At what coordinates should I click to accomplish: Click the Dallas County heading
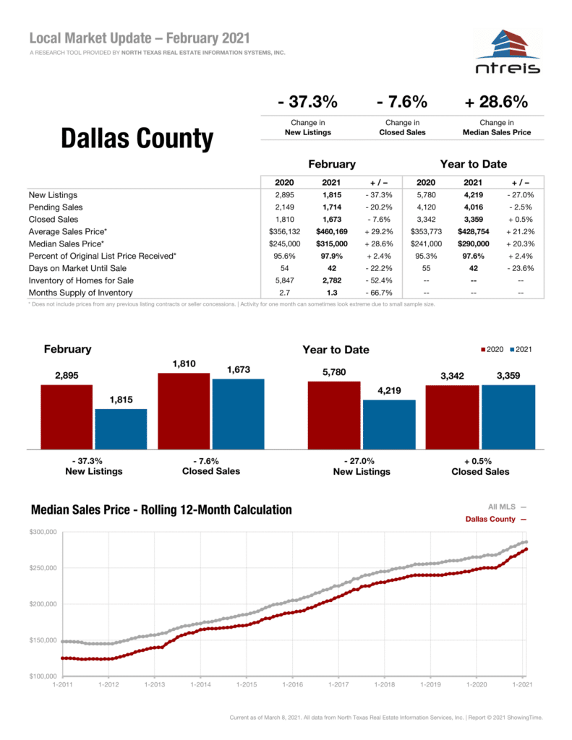pyautogui.click(x=137, y=139)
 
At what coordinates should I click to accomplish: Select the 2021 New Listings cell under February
pyautogui.click(x=332, y=195)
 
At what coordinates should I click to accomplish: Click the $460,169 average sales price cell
pyautogui.click(x=332, y=232)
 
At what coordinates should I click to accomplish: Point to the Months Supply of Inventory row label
pyautogui.click(x=80, y=293)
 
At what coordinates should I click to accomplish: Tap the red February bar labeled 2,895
pyautogui.click(x=67, y=416)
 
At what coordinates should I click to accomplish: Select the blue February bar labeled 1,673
pyautogui.click(x=238, y=413)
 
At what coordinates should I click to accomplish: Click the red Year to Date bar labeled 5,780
pyautogui.click(x=333, y=414)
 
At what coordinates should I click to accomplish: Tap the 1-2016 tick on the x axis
pyautogui.click(x=292, y=684)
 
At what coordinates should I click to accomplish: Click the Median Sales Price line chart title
pyautogui.click(x=161, y=510)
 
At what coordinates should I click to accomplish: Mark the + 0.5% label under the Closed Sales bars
pyautogui.click(x=480, y=461)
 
